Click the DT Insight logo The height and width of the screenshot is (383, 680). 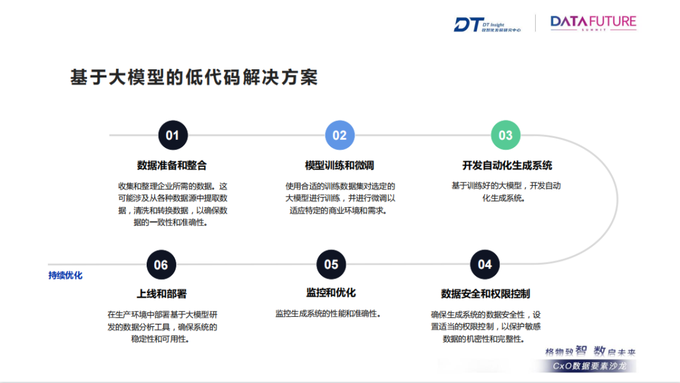[487, 24]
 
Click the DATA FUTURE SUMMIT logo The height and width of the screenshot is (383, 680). [593, 23]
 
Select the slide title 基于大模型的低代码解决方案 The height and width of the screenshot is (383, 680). [194, 77]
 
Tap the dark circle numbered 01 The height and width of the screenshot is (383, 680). [173, 135]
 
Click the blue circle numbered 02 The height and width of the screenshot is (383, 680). [339, 135]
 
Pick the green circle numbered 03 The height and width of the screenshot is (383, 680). [506, 135]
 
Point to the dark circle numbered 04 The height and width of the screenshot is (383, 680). [484, 265]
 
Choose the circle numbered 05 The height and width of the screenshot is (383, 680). [331, 265]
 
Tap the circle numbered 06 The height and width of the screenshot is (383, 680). [161, 265]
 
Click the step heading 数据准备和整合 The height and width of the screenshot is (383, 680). [172, 166]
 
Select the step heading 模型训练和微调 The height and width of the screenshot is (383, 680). [339, 166]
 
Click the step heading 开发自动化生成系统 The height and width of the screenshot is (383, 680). [507, 166]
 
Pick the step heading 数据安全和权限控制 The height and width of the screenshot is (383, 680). [485, 294]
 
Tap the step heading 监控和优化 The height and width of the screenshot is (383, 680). [331, 293]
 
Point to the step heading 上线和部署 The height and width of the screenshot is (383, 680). [161, 294]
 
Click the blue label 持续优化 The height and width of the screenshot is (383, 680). [65, 275]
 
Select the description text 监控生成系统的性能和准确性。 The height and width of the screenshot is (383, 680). [328, 313]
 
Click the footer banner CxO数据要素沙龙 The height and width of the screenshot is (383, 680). [589, 366]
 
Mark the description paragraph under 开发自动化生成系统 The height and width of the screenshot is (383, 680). [506, 191]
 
